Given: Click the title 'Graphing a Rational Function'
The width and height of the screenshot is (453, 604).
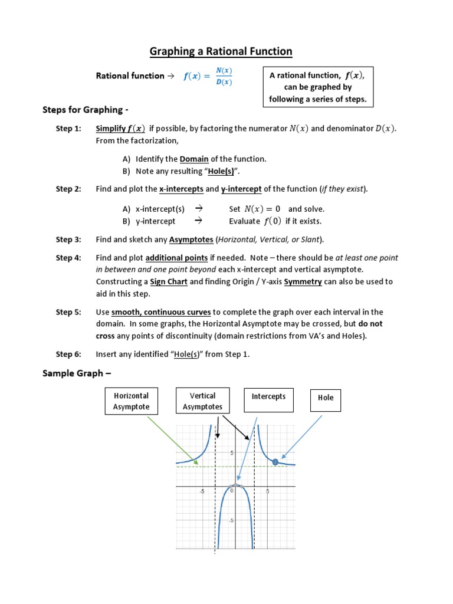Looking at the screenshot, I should pos(221,51).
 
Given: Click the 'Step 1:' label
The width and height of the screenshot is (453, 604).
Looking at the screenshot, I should pos(68,129).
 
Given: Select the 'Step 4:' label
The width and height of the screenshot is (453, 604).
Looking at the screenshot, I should pos(68,258).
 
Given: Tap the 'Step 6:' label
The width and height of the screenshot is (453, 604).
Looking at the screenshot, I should pos(68,354).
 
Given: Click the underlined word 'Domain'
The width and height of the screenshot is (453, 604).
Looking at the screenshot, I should pos(194,159).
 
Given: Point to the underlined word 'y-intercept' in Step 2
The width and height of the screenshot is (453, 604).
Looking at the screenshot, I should pos(241,189).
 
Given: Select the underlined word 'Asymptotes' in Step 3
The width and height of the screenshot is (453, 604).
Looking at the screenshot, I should pos(191,239).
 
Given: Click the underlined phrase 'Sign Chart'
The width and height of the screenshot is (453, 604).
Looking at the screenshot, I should pos(169,281).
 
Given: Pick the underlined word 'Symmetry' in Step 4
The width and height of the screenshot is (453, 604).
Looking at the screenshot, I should pos(303,281).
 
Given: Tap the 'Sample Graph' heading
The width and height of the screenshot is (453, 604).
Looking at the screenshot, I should pos(76,373).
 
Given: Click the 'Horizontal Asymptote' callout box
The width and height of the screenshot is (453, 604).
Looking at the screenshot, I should pos(132,401).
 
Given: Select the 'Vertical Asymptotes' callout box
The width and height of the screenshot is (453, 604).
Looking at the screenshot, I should pos(202,401).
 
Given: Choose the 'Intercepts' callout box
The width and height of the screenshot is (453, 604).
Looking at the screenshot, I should pos(268,400).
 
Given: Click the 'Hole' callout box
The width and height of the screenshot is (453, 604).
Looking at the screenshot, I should pos(326,401).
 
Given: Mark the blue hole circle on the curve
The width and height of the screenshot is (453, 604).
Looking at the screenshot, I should pos(275,462).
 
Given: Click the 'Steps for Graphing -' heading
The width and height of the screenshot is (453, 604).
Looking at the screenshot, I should pos(86,110).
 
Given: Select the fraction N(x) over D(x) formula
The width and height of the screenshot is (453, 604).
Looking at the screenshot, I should pos(224,76).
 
